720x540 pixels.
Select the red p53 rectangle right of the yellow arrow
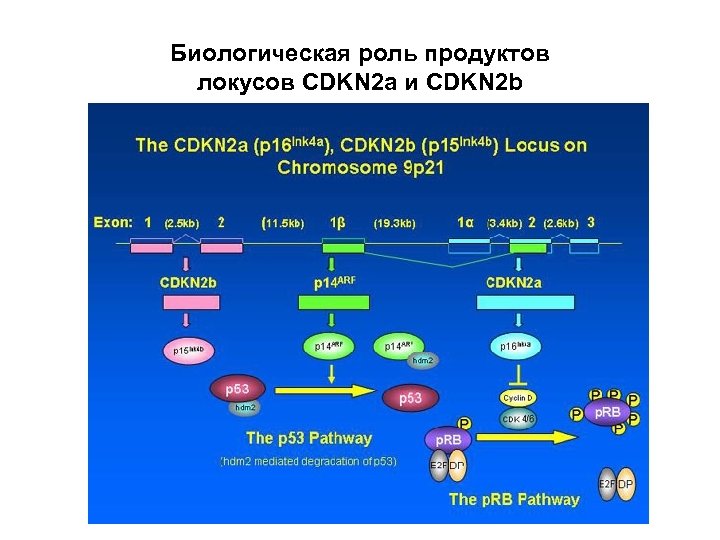pyautogui.click(x=410, y=398)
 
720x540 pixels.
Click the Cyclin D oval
pyautogui.click(x=519, y=397)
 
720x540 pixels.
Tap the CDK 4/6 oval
pyautogui.click(x=519, y=419)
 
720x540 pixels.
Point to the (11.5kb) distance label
pyautogui.click(x=283, y=223)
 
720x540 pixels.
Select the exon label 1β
pyautogui.click(x=337, y=222)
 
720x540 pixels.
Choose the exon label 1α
pyautogui.click(x=466, y=222)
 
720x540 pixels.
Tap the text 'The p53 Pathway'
pyautogui.click(x=309, y=438)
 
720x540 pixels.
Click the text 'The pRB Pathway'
pyautogui.click(x=514, y=498)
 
